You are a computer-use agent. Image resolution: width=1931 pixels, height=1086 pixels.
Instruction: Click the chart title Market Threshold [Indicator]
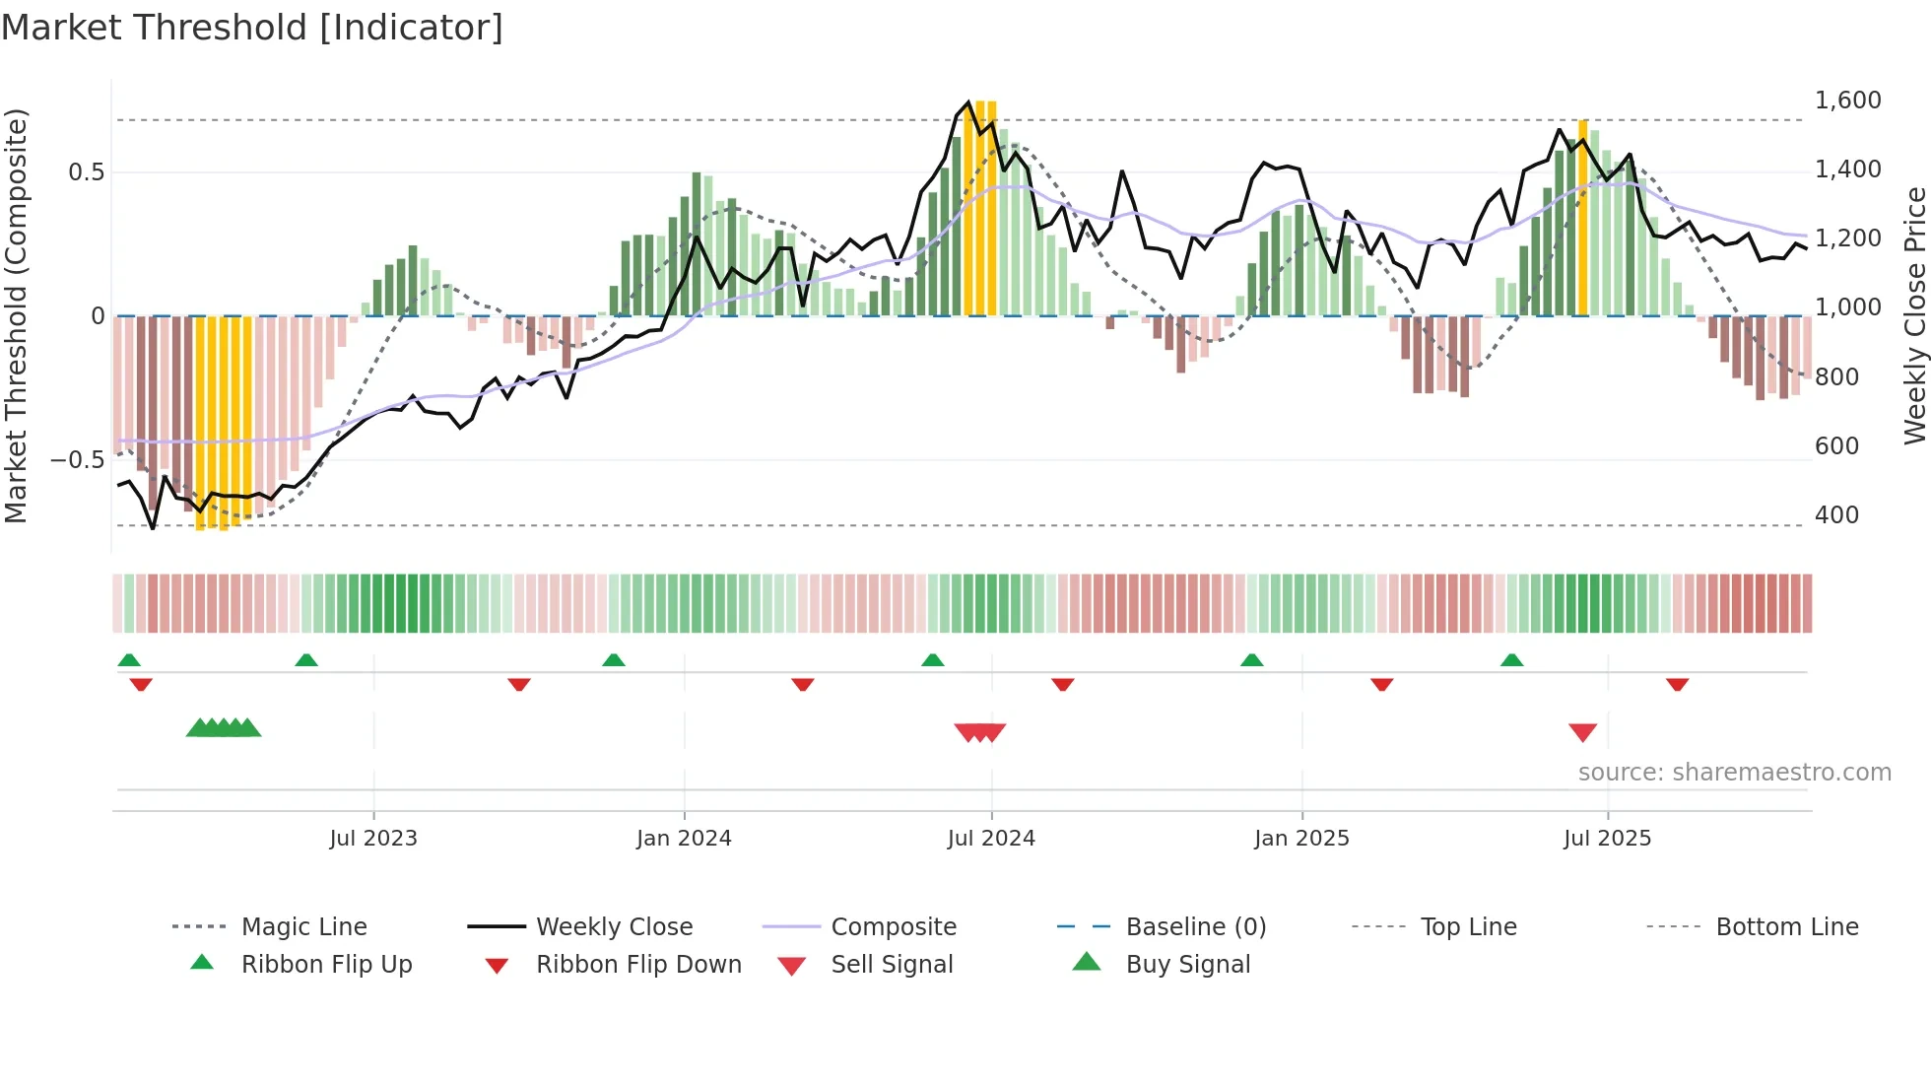pos(252,28)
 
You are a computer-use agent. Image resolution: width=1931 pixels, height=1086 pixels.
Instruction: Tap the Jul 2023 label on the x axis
pos(373,839)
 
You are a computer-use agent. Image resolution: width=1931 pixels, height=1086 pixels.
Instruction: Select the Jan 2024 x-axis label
pos(684,839)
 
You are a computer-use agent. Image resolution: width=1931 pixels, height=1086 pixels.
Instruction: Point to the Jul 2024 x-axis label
pos(991,839)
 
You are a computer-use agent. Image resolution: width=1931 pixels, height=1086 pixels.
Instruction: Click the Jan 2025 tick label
pos(1301,839)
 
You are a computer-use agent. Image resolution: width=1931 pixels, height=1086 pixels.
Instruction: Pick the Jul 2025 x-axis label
pos(1607,839)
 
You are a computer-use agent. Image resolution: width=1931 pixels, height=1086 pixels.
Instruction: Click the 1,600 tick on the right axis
pos(1847,101)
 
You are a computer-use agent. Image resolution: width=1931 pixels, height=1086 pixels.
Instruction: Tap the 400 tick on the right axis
pos(1836,515)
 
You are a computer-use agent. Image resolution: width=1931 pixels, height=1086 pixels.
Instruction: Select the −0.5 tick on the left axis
pos(77,460)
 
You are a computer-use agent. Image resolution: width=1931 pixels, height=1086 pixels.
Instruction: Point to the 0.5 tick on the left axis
pos(86,172)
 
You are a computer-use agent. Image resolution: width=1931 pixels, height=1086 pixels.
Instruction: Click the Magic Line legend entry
pos(303,927)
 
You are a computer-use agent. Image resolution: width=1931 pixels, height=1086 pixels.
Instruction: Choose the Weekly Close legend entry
pos(614,927)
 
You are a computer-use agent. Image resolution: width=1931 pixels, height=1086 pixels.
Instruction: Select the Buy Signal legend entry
pos(1187,965)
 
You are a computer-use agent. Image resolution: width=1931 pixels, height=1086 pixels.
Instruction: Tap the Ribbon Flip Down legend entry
pos(638,965)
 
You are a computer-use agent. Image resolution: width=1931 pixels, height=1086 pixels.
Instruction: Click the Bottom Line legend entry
pos(1786,927)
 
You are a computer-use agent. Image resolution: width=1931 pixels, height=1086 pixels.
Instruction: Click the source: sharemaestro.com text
pos(1734,773)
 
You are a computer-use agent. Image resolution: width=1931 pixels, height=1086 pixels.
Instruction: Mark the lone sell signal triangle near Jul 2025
pos(1582,732)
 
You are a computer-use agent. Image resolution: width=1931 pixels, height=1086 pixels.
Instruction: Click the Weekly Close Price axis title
pos(1914,315)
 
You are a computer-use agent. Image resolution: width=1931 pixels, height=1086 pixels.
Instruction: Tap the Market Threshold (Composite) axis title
pos(16,315)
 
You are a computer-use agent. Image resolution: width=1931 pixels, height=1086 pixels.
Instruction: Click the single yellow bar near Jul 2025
pos(1583,217)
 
